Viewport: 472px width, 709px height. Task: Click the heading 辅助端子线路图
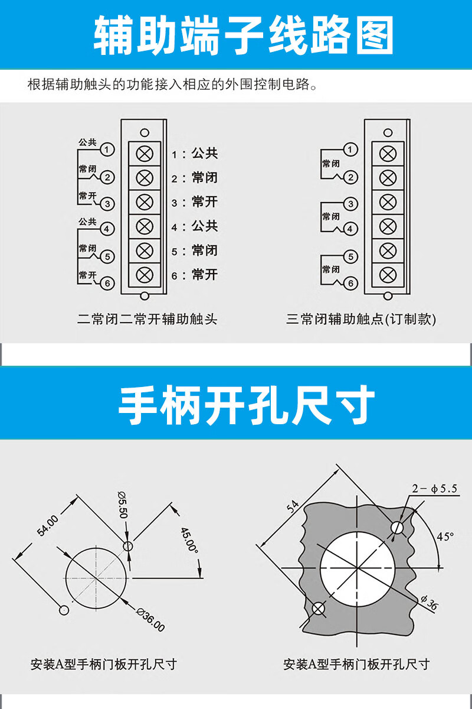click(x=244, y=35)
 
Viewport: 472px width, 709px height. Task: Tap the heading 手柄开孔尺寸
click(x=246, y=405)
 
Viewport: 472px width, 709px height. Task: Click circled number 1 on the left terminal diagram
click(x=107, y=149)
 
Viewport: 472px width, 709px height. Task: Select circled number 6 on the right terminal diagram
click(x=350, y=283)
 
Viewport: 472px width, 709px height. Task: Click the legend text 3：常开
click(x=195, y=202)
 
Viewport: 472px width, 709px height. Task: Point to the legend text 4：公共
click(x=195, y=226)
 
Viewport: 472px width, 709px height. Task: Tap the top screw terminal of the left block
click(x=145, y=154)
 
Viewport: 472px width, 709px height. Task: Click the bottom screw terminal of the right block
click(x=388, y=275)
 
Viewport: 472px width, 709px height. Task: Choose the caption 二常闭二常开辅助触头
click(x=147, y=319)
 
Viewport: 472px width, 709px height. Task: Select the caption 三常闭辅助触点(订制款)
click(x=361, y=319)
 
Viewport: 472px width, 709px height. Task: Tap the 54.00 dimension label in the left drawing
click(x=48, y=526)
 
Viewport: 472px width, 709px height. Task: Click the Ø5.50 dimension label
click(x=123, y=505)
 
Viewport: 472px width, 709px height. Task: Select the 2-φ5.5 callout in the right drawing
click(x=435, y=489)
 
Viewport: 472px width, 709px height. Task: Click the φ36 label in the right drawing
click(x=430, y=602)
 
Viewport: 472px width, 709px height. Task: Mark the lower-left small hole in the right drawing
click(x=319, y=609)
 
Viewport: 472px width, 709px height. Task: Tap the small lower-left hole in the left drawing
click(x=64, y=610)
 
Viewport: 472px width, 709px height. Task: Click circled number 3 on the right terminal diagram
click(x=350, y=204)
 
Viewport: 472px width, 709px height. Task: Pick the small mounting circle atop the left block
click(x=145, y=132)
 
